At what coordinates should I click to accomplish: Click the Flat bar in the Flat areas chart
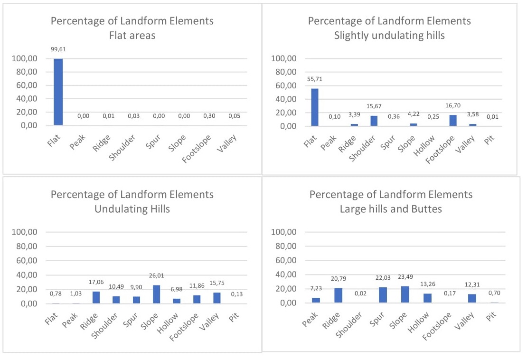coord(57,92)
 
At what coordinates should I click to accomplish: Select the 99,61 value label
coord(57,49)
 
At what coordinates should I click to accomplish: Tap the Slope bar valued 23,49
coord(405,294)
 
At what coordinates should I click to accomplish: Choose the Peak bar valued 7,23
coord(316,300)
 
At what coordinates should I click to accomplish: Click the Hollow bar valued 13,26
coord(427,298)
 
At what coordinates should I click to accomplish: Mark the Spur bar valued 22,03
coord(383,295)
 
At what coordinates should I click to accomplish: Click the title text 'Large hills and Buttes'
coord(391,209)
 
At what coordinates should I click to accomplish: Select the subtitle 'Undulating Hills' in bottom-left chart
coord(132,209)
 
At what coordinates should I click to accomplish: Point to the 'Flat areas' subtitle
coord(132,36)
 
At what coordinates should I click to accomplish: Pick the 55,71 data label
coord(314,79)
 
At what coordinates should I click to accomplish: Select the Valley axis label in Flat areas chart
coord(227,143)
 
